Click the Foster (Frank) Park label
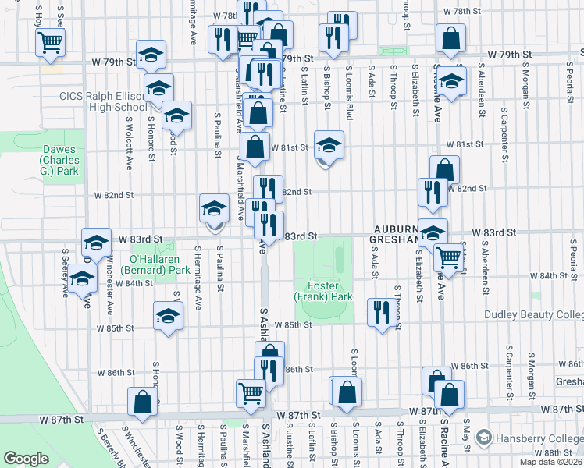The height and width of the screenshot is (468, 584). (x=323, y=291)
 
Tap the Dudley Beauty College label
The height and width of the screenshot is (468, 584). (x=534, y=314)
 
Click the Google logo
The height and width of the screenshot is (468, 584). (x=26, y=458)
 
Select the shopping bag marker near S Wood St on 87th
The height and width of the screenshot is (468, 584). (x=142, y=402)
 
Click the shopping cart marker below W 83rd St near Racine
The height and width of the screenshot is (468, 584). (x=447, y=256)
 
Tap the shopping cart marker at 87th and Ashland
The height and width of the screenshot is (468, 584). (x=251, y=392)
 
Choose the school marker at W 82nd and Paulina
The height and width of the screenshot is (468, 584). (x=214, y=208)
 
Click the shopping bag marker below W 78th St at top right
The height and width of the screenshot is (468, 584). (x=451, y=37)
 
